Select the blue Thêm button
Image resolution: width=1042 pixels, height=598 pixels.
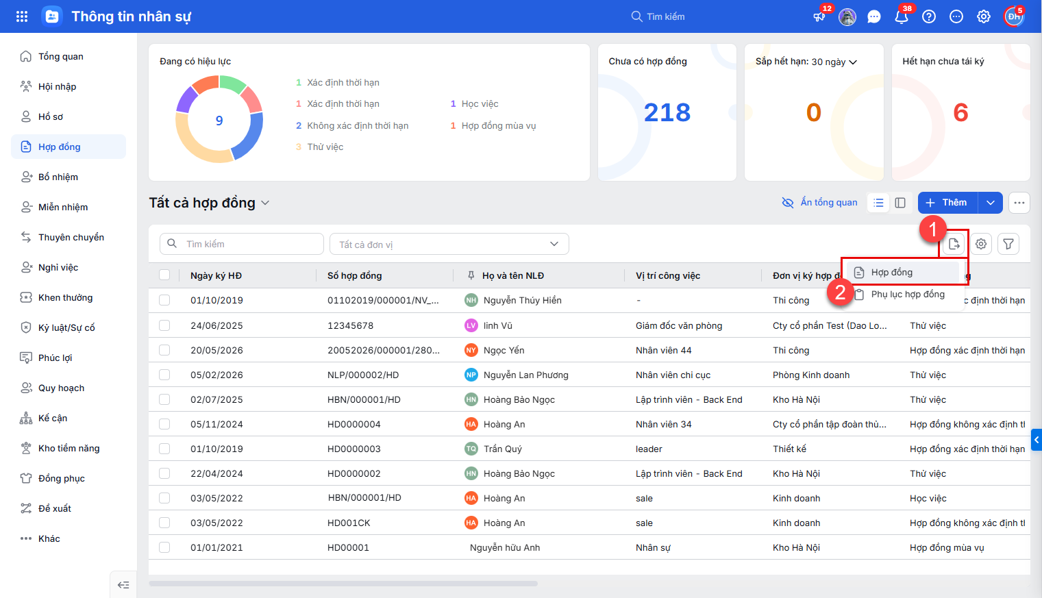coord(947,203)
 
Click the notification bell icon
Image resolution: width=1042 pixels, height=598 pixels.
coord(901,16)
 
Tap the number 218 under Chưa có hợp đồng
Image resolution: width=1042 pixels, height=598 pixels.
coord(667,112)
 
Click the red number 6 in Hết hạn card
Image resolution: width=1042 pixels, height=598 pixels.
coord(960,112)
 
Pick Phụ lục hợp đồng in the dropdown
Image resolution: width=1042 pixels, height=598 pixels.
coord(908,295)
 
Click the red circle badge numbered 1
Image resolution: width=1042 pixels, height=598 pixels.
coord(932,229)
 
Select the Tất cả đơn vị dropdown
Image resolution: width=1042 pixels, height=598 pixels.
coord(449,244)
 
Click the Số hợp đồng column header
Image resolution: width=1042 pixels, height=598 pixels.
coord(354,276)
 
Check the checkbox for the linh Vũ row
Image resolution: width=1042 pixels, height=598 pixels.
coord(164,325)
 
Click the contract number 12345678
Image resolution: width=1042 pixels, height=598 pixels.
coord(350,325)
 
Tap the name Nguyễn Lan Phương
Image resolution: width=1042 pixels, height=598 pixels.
coord(525,375)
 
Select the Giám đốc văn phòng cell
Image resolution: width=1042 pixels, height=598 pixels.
coord(679,325)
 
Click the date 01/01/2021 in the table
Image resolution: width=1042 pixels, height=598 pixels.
coord(216,547)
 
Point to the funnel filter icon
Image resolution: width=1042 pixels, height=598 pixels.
coord(1008,244)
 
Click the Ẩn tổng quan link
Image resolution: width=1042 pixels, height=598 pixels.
coord(819,203)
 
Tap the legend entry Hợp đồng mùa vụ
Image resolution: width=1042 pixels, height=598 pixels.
coord(499,125)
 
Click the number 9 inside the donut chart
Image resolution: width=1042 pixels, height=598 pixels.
coord(219,121)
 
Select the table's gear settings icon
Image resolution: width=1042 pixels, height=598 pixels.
coord(980,244)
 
